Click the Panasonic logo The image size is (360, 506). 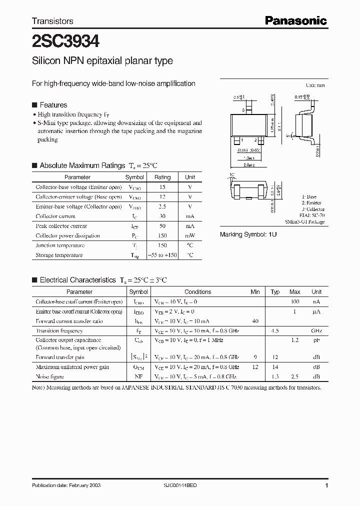coord(295,20)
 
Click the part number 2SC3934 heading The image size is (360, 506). coord(62,40)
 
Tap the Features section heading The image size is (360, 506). coord(53,105)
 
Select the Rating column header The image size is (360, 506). coord(162,177)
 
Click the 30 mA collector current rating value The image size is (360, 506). coord(162,216)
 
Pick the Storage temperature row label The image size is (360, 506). coord(59,255)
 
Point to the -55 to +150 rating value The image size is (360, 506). coord(162,255)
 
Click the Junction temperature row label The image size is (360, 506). coord(59,245)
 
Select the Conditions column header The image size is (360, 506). coord(197,292)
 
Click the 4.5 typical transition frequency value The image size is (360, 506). coord(275,331)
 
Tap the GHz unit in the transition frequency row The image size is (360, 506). coord(316,331)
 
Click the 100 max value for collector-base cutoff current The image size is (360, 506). coord(295,302)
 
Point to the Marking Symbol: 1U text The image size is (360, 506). coord(248,234)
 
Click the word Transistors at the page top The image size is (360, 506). coord(52,21)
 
